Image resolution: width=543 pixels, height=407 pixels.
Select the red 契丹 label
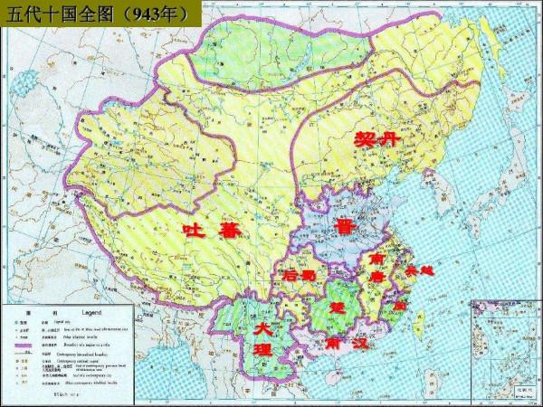(x=376, y=139)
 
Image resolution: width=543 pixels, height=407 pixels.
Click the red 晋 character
(x=345, y=226)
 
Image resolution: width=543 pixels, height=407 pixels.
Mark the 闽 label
(x=399, y=307)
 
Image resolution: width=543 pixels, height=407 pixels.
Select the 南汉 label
(x=348, y=344)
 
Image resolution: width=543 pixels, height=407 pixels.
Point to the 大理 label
(x=263, y=339)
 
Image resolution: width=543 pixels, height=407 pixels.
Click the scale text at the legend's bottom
(x=68, y=394)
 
